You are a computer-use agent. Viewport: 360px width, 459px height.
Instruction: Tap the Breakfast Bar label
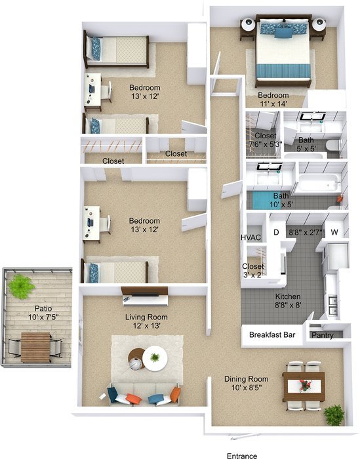pos(273,334)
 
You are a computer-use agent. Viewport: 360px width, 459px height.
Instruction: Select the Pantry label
pos(323,334)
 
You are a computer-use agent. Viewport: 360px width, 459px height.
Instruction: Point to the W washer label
pos(334,232)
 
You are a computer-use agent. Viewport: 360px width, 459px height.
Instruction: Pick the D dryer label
pos(276,232)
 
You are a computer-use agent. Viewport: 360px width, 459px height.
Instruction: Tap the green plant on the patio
pos(22,285)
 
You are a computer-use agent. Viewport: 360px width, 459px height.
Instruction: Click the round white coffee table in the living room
pos(155,357)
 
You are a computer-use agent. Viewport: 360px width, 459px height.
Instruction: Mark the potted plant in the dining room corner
pos(334,414)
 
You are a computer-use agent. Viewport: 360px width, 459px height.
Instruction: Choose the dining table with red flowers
pos(304,386)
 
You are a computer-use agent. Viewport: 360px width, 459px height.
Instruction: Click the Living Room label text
pos(144,316)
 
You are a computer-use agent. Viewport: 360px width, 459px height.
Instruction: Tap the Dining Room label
pos(247,379)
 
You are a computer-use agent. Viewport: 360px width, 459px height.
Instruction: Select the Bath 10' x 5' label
pos(281,200)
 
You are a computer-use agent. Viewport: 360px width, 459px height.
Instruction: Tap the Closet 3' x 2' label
pos(252,271)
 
